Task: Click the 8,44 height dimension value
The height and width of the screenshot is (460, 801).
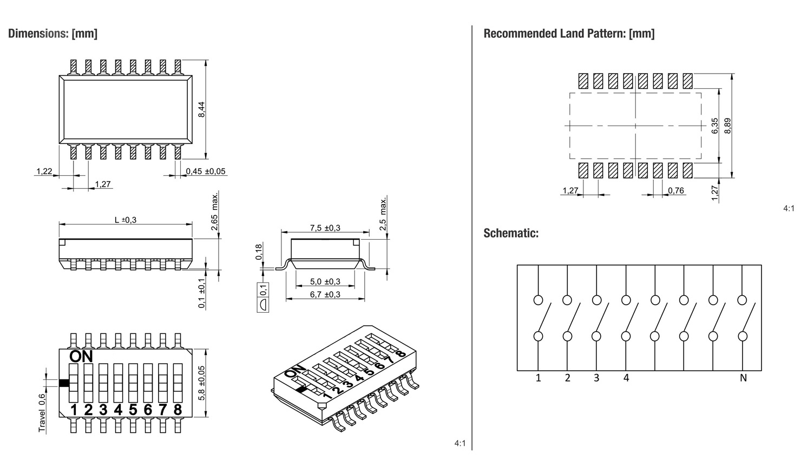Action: [202, 109]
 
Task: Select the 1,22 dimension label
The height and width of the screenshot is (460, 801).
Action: [44, 172]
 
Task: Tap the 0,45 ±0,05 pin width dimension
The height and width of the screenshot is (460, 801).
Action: [206, 172]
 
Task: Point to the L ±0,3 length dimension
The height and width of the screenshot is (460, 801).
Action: [126, 220]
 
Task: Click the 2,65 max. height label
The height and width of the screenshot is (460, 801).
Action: [214, 212]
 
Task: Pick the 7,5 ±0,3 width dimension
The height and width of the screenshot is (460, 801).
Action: [325, 228]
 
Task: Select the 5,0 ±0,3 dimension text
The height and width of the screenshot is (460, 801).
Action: [325, 281]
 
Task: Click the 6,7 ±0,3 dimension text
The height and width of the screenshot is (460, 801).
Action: [325, 294]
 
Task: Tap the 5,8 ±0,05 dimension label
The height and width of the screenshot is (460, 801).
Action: [202, 383]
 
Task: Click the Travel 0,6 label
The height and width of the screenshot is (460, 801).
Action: [42, 413]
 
